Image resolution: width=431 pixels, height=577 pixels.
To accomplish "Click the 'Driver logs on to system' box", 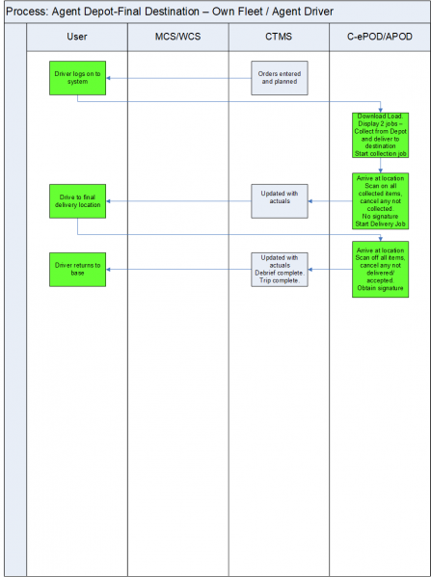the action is [x=78, y=78].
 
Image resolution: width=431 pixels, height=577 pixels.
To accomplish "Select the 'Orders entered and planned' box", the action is [x=280, y=78].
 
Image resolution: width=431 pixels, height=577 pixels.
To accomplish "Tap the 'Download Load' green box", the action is [x=380, y=135].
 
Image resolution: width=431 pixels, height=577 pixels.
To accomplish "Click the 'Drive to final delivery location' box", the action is [x=78, y=201].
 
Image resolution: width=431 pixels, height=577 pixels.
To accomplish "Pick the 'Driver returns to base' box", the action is [x=78, y=270].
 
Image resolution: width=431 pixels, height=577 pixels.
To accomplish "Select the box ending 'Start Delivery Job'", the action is [x=380, y=201].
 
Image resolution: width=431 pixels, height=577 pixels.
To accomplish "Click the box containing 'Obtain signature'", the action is [x=380, y=270].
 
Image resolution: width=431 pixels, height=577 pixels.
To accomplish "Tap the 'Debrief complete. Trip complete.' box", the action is [x=280, y=270].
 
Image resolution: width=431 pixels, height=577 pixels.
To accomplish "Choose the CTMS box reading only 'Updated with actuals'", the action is [x=280, y=201].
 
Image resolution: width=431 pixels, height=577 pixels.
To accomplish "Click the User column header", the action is [x=77, y=37].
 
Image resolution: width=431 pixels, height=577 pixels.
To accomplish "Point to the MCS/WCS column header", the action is [x=178, y=37].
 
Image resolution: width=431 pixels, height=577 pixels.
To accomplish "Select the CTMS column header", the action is [x=279, y=37].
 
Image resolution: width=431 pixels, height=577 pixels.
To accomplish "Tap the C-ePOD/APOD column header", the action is [x=380, y=37].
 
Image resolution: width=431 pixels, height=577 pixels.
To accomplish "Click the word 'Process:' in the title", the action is [x=27, y=12].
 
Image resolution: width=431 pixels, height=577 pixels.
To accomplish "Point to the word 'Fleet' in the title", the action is [x=253, y=12].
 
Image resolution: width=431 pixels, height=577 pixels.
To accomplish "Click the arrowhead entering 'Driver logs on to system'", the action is [x=108, y=78].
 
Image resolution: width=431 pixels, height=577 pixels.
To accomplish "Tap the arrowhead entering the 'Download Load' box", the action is [x=381, y=111].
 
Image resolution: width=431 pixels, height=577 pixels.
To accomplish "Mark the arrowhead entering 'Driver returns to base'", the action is [x=108, y=270].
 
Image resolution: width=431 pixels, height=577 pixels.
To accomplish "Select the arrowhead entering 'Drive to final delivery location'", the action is [x=108, y=201].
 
